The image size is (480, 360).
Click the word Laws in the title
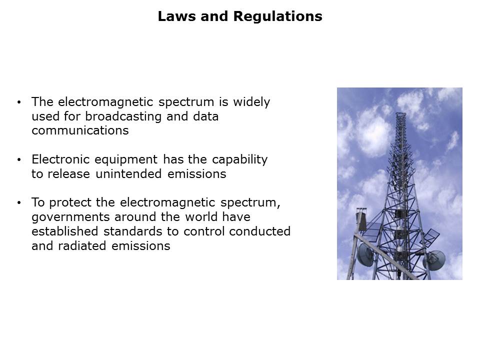click(176, 16)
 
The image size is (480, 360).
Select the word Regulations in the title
click(278, 16)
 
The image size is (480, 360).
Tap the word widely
click(251, 102)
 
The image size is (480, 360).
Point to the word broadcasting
click(123, 116)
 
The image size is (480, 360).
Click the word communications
click(80, 130)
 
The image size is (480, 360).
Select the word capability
click(239, 160)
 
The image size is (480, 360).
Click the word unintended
click(128, 174)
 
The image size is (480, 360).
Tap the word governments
click(70, 217)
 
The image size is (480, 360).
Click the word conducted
click(259, 231)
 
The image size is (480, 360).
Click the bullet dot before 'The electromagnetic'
click(19, 102)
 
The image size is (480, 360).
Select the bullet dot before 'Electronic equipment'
click(19, 160)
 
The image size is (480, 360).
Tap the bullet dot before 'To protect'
click(19, 202)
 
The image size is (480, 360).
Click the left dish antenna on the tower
click(365, 254)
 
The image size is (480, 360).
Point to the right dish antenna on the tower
click(435, 260)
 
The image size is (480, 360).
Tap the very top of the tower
click(400, 113)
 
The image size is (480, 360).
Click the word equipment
click(126, 160)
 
